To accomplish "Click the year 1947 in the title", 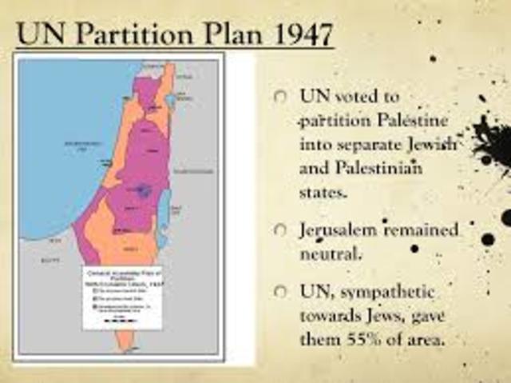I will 297,35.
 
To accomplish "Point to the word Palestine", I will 415,122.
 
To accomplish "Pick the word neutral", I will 331,256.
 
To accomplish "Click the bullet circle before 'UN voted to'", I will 279,96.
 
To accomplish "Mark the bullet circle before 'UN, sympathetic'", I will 279,291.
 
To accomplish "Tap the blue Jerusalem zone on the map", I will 143,190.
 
